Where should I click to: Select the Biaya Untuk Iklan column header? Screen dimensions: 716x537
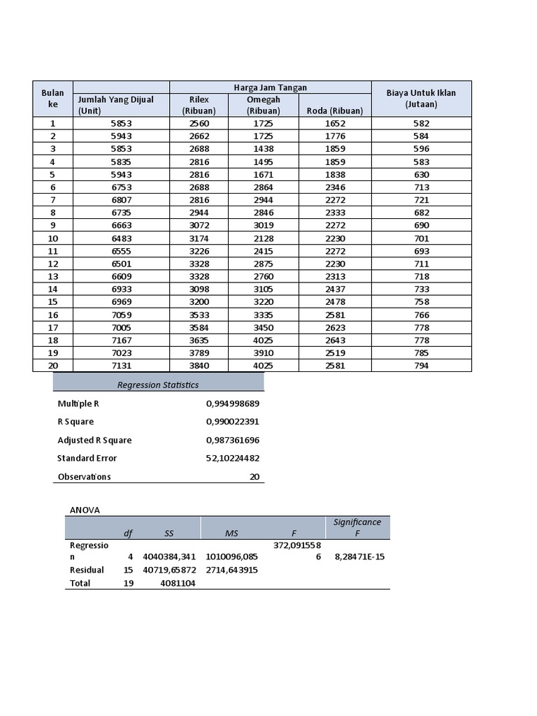pyautogui.click(x=421, y=98)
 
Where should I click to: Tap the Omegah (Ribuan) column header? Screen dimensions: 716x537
pyautogui.click(x=263, y=105)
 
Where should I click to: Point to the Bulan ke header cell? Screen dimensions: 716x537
pyautogui.click(x=52, y=98)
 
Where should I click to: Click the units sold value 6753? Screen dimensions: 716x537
pyautogui.click(x=121, y=187)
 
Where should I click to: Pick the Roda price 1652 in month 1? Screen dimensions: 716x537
pyautogui.click(x=335, y=123)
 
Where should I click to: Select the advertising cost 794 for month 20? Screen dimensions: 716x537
pyautogui.click(x=421, y=366)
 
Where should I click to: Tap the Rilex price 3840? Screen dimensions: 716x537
pyautogui.click(x=199, y=366)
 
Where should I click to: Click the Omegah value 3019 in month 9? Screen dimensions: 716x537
pyautogui.click(x=263, y=226)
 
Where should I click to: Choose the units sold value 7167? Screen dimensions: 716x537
pyautogui.click(x=121, y=340)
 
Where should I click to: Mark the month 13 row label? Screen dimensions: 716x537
pyautogui.click(x=52, y=277)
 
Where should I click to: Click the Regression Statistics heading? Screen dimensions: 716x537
pyautogui.click(x=158, y=385)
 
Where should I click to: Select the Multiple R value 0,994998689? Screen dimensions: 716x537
pyautogui.click(x=232, y=404)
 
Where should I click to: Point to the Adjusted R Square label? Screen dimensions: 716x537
pyautogui.click(x=94, y=441)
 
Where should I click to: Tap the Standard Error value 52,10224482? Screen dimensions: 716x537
pyautogui.click(x=232, y=459)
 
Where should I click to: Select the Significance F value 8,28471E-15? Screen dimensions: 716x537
pyautogui.click(x=358, y=557)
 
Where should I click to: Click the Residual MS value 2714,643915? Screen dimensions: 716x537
pyautogui.click(x=232, y=570)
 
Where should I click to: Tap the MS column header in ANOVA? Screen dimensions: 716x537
pyautogui.click(x=231, y=534)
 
